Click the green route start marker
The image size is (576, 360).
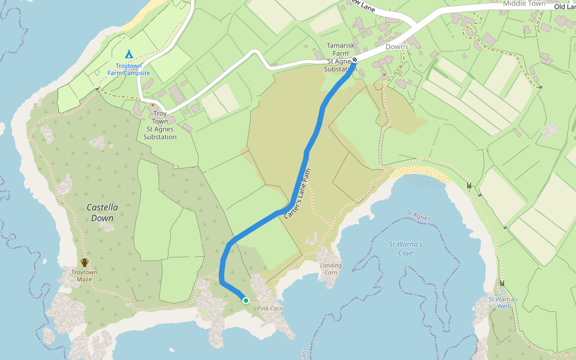[245, 300]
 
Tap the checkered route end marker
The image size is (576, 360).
[355, 59]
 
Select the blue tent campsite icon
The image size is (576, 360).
[128, 55]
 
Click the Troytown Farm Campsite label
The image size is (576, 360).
[128, 69]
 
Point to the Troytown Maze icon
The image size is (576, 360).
[85, 262]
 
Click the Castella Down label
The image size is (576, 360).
[102, 212]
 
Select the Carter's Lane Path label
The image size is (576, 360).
[299, 191]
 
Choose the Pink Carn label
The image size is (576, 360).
[269, 308]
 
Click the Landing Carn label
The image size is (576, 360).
[331, 268]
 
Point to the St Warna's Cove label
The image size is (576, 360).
[406, 248]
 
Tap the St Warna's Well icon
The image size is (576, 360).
[503, 292]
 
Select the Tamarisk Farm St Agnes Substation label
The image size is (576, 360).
[340, 57]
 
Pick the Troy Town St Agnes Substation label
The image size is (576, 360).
[160, 125]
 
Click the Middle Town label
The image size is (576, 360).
[524, 4]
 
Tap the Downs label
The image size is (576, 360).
[397, 47]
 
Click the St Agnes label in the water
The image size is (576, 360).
[419, 214]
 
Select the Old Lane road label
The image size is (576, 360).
[565, 7]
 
